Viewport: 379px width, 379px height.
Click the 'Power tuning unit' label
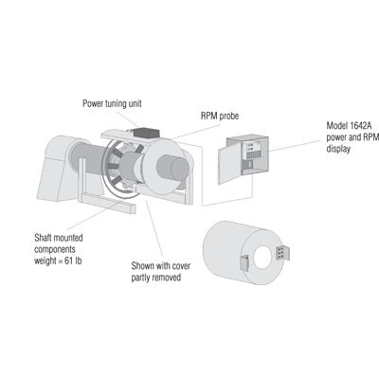pyautogui.click(x=112, y=103)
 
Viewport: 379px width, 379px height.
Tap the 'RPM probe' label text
pyautogui.click(x=220, y=116)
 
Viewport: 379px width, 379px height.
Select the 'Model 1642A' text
pyautogui.click(x=349, y=126)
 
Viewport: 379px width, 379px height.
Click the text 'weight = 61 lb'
pyautogui.click(x=58, y=262)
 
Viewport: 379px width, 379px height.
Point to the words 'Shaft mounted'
pyautogui.click(x=59, y=238)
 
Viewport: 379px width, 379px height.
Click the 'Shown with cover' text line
pyautogui.click(x=161, y=266)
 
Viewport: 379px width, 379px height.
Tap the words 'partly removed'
pyautogui.click(x=156, y=278)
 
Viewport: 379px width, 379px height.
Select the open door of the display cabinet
pyautogui.click(x=229, y=165)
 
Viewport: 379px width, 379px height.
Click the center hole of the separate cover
pyautogui.click(x=262, y=258)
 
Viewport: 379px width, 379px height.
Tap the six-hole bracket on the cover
pyautogui.click(x=282, y=253)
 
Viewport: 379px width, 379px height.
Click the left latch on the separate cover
pyautogui.click(x=244, y=263)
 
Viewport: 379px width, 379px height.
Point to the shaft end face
pyautogui.click(x=180, y=169)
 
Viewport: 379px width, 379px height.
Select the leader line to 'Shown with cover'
pyautogui.click(x=154, y=227)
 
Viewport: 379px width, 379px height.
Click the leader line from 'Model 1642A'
pyautogui.click(x=297, y=146)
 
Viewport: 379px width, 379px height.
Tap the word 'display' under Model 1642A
pyautogui.click(x=338, y=149)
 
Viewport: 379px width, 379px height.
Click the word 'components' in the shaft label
pyautogui.click(x=55, y=249)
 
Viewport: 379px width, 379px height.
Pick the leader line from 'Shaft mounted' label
pyautogui.click(x=95, y=215)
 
